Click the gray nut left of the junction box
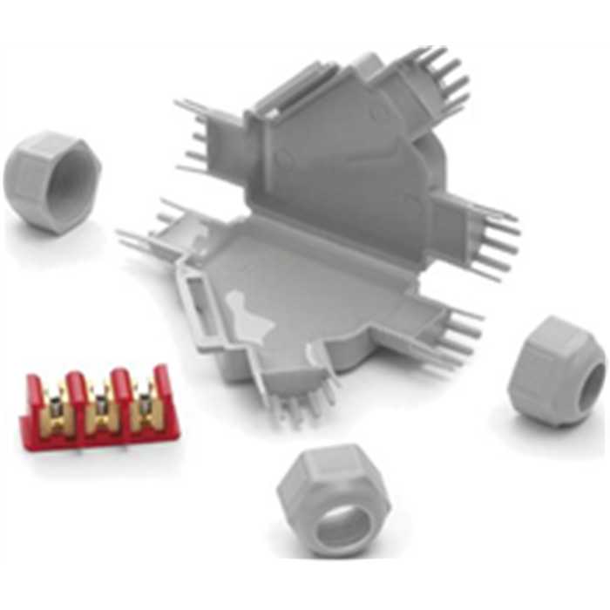pyautogui.click(x=51, y=181)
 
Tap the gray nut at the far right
pyautogui.click(x=556, y=370)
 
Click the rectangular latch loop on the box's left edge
pyautogui.click(x=193, y=302)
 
